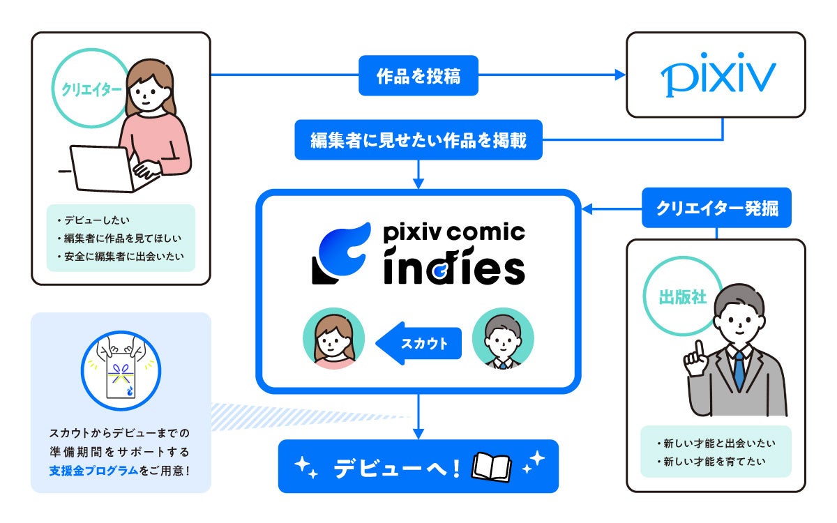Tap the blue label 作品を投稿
pyautogui.click(x=418, y=76)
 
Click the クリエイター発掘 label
pyautogui.click(x=716, y=208)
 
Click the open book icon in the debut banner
pyautogui.click(x=492, y=467)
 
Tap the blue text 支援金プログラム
pyautogui.click(x=89, y=470)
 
